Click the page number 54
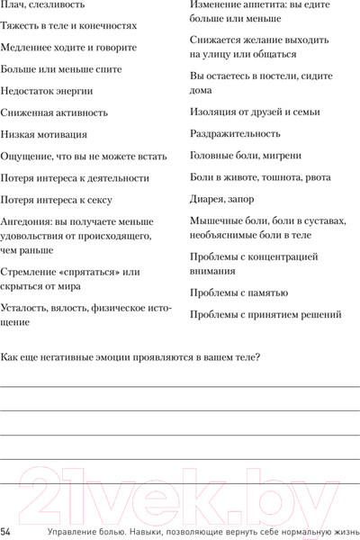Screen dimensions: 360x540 (x=6, y=531)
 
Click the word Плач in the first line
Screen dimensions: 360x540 (x=13, y=7)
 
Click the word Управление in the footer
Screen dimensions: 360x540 (x=54, y=531)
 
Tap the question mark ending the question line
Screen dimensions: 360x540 (x=258, y=358)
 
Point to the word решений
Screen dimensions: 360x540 (x=319, y=315)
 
